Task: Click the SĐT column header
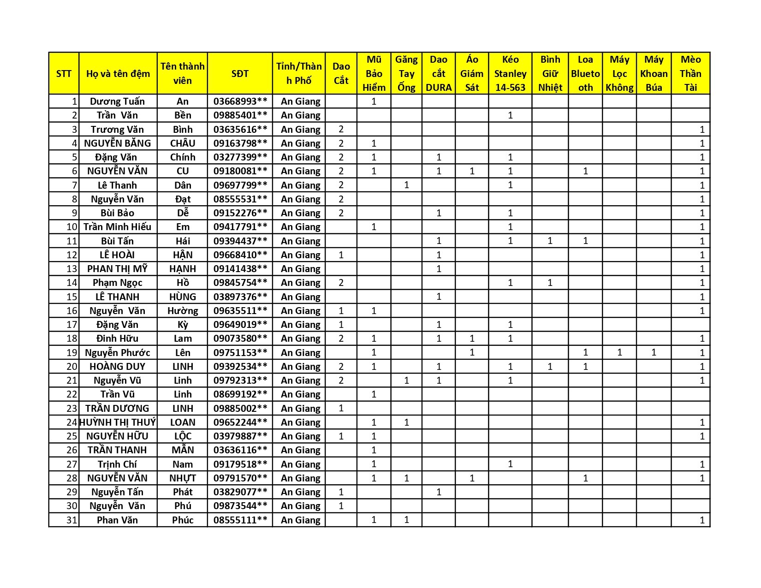(x=240, y=74)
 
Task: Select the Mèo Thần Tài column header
(x=690, y=74)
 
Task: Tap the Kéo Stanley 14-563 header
(x=510, y=74)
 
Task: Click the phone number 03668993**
(x=240, y=101)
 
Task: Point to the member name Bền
(x=183, y=115)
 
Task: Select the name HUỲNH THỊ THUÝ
(x=118, y=422)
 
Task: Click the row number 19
(x=71, y=353)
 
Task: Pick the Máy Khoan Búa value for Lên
(x=654, y=353)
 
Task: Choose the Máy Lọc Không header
(x=619, y=74)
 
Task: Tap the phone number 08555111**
(x=240, y=520)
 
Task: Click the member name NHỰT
(x=183, y=478)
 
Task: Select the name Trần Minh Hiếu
(x=118, y=227)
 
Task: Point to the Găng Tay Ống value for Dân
(x=406, y=185)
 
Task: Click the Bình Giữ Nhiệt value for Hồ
(x=550, y=283)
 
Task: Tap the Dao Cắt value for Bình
(x=341, y=130)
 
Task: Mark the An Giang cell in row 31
(x=300, y=520)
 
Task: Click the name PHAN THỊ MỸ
(x=118, y=269)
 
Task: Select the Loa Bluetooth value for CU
(x=585, y=171)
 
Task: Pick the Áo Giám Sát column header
(x=472, y=74)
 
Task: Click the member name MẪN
(x=183, y=450)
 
